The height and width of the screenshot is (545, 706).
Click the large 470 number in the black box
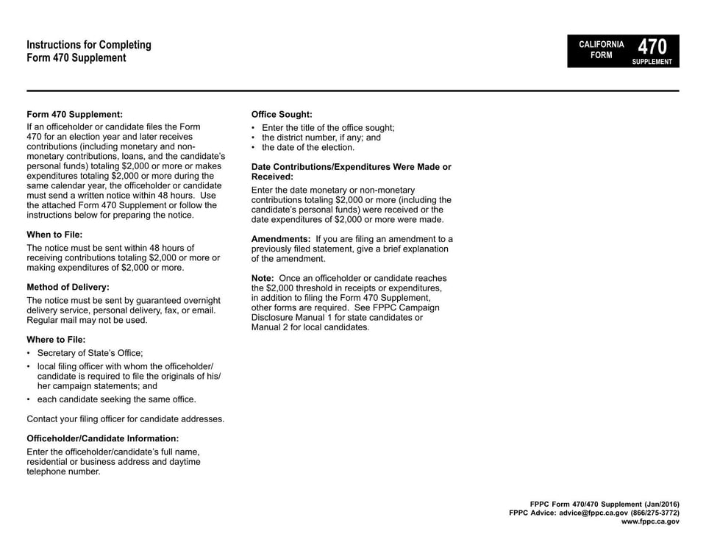[x=653, y=46]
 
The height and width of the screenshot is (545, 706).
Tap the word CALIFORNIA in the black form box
[x=601, y=45]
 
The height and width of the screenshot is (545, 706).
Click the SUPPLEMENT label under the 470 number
[x=652, y=62]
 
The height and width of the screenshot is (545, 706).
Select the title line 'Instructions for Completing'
[x=89, y=45]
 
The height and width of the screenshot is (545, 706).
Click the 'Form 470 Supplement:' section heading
[x=74, y=115]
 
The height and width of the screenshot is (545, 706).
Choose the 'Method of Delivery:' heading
[x=68, y=287]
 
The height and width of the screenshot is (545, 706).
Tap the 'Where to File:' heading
[x=56, y=339]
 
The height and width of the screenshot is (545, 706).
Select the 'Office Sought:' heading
[x=282, y=115]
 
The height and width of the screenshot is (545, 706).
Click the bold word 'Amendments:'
[x=281, y=239]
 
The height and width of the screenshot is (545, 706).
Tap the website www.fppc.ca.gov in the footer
[x=650, y=521]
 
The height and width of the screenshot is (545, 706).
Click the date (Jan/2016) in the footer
[x=657, y=504]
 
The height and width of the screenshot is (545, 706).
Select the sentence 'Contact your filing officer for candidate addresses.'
[x=125, y=419]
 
